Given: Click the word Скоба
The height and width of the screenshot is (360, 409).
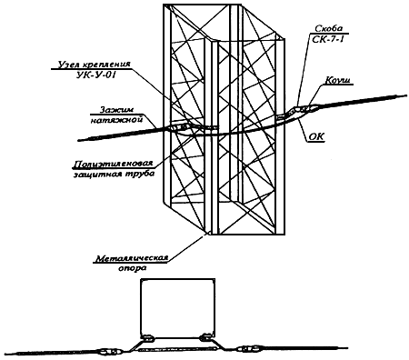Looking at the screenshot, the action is point(329,29).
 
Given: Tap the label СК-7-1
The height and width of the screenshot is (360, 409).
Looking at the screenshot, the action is point(328,39).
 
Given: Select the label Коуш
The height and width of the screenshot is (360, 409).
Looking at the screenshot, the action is point(337,80).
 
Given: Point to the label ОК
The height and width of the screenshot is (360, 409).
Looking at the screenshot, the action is point(316,137).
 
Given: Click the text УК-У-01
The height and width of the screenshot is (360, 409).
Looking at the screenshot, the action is point(95,75).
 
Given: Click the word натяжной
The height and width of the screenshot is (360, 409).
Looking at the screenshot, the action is point(116,120).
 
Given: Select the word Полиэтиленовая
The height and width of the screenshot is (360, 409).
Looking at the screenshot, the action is point(113,164).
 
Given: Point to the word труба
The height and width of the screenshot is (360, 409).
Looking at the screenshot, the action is point(140,174).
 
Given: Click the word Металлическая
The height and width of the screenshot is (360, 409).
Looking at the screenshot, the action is point(132,258).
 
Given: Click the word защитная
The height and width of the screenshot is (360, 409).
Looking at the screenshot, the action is point(97,174).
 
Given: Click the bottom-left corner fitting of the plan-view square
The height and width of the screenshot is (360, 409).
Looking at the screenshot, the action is point(148,337).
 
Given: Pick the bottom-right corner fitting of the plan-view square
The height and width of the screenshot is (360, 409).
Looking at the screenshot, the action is point(207,335).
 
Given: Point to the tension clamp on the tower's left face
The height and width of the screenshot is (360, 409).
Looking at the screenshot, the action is point(179,127).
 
